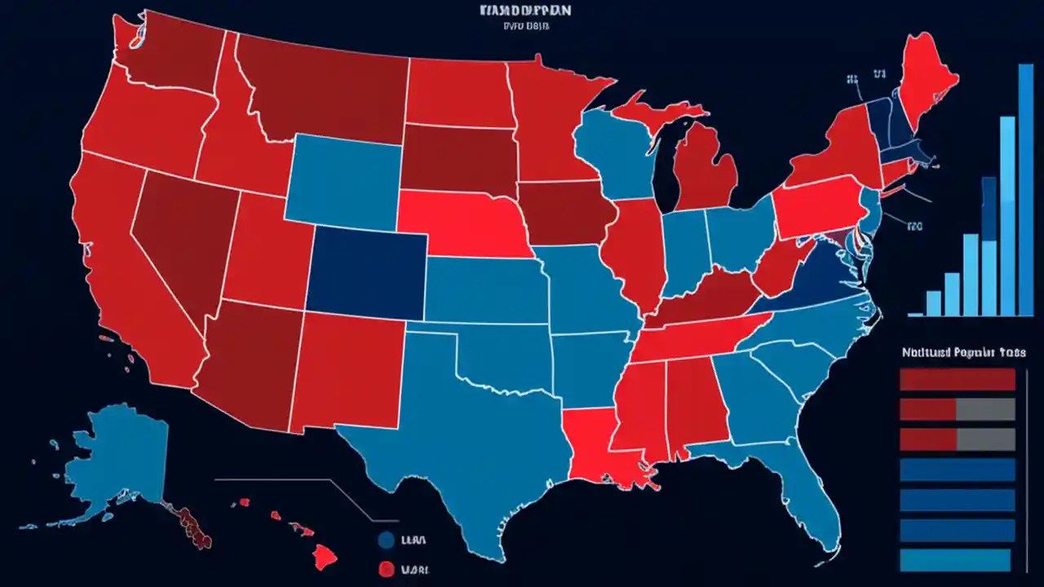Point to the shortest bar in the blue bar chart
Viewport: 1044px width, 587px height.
tap(915, 313)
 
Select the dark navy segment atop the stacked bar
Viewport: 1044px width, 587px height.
tap(989, 209)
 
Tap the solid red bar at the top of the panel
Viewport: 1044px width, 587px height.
tap(957, 379)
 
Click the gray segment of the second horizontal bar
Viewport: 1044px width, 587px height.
tap(985, 409)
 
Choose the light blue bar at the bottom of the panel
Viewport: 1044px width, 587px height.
tap(955, 560)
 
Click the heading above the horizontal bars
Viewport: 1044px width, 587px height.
tap(963, 352)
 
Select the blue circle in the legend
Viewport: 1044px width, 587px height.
tap(387, 540)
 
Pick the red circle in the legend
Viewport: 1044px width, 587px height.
tap(387, 568)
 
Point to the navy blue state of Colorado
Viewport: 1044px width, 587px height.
tap(366, 270)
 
